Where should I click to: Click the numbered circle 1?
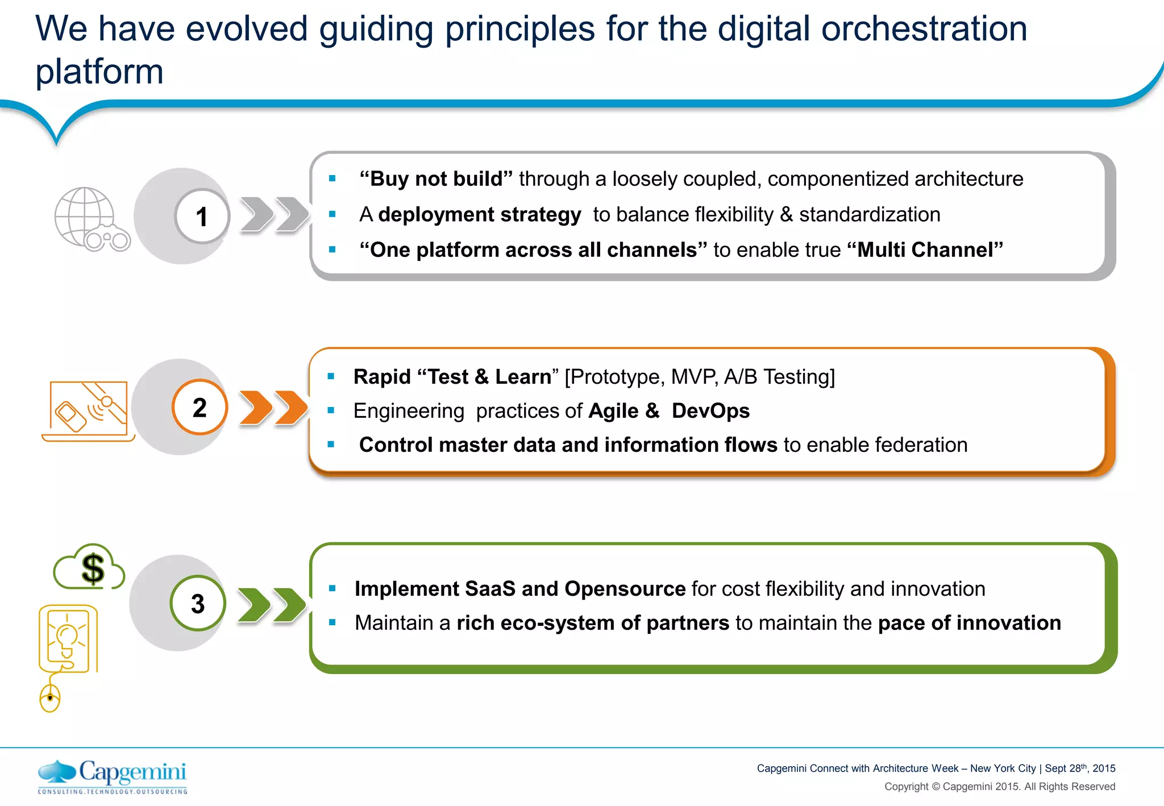(x=201, y=217)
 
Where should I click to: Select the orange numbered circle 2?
(x=199, y=408)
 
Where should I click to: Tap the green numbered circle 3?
(x=198, y=604)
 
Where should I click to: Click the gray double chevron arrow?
(x=274, y=214)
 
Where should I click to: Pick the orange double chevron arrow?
(x=273, y=408)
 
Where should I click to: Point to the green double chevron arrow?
(x=272, y=605)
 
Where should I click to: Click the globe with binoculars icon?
(x=91, y=219)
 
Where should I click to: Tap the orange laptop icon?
(x=88, y=411)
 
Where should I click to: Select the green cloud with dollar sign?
(x=89, y=567)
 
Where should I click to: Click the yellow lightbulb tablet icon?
(x=68, y=639)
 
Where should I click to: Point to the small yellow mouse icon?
(x=50, y=697)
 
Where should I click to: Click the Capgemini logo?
(x=113, y=776)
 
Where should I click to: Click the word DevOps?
(x=710, y=411)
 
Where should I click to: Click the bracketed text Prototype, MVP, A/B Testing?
(x=700, y=377)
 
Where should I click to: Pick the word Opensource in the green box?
(x=625, y=589)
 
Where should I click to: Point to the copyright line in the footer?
(x=999, y=787)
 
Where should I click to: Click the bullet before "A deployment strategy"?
(x=332, y=214)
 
